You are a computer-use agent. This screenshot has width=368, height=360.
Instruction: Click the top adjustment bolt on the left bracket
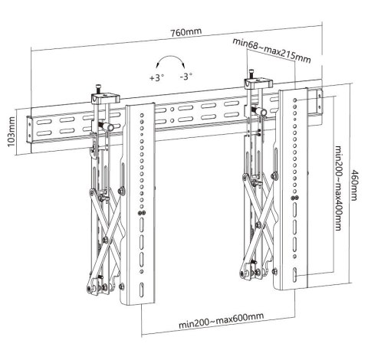100,88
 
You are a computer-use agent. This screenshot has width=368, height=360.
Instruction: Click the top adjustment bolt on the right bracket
251,71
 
